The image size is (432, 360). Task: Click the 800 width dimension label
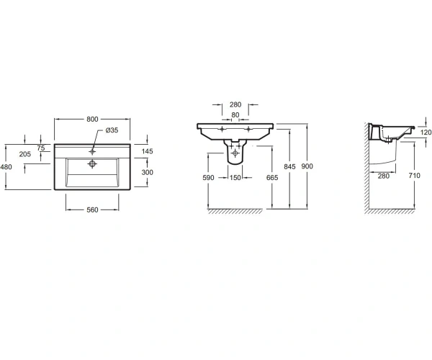(x=92, y=119)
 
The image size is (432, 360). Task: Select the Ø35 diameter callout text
(x=112, y=130)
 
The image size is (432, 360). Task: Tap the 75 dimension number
(x=41, y=148)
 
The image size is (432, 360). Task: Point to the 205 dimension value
(x=25, y=154)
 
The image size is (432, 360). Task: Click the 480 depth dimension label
(x=6, y=166)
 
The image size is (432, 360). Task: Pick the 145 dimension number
(x=147, y=151)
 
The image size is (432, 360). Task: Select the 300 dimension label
(x=147, y=172)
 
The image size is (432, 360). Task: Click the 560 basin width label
(x=92, y=210)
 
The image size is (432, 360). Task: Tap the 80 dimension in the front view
(x=235, y=114)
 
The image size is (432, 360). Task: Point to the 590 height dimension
(x=208, y=178)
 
